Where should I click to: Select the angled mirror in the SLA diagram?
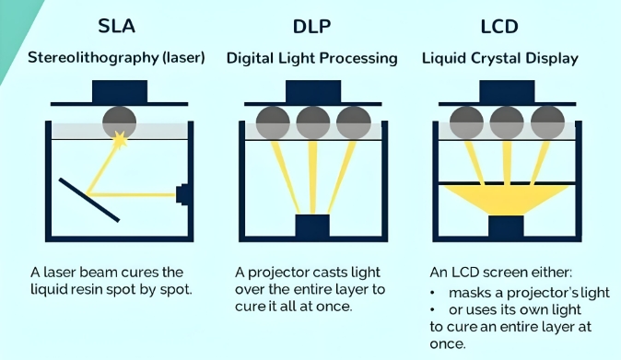89,199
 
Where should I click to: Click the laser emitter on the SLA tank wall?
182,194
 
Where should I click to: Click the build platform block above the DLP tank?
311,92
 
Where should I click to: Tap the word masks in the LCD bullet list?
467,293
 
